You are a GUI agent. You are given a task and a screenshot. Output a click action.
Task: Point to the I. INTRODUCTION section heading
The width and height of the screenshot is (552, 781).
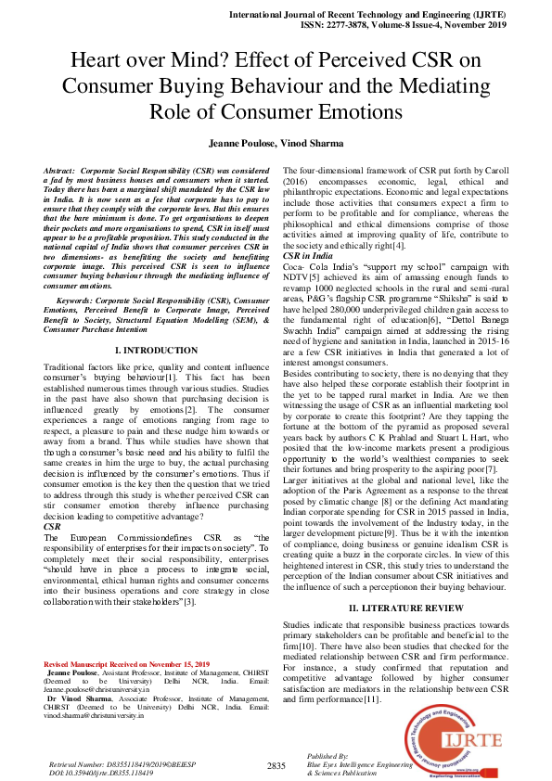point(155,351)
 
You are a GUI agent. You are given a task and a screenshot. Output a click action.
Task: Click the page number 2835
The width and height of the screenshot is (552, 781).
point(276,765)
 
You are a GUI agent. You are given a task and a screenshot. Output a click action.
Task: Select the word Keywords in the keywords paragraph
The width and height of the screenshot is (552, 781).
point(76,300)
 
